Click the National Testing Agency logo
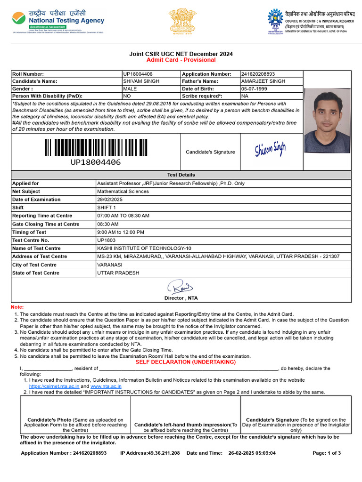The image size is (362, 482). tap(58, 22)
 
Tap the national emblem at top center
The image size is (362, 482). tap(181, 22)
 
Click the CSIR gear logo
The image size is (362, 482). tap(275, 20)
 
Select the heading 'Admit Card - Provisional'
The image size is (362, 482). tap(181, 60)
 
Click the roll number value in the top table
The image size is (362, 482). tap(138, 74)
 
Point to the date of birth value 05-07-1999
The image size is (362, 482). tap(254, 88)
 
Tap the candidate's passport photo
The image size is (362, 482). tap(327, 121)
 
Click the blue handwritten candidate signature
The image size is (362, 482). tap(271, 150)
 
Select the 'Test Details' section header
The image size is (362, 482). tap(181, 175)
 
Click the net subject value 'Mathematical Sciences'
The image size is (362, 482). tap(123, 192)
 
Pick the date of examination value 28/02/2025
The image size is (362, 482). tap(109, 200)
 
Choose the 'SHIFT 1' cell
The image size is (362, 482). tap(107, 208)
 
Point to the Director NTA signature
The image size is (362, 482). tap(181, 286)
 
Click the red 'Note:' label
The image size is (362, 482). tap(17, 307)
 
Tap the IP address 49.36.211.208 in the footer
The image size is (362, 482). tap(163, 453)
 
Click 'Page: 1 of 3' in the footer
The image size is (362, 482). tap(327, 453)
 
